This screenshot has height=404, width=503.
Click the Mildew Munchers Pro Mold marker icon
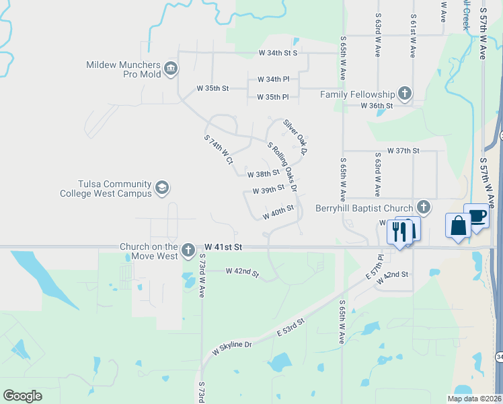tap(170, 69)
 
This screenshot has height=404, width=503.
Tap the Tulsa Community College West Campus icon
tap(161, 187)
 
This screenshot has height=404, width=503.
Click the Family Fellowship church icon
tap(404, 94)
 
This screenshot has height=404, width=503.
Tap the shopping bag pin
tap(459, 225)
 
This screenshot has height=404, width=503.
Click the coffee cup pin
tap(477, 216)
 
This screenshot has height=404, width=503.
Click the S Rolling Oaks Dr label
tap(282, 165)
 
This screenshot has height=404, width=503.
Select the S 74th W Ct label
tap(218, 149)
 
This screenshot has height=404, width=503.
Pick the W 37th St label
tap(403, 151)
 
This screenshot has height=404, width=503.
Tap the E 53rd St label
tap(291, 329)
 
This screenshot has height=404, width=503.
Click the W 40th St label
tap(279, 212)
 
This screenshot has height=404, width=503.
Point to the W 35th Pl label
tap(272, 98)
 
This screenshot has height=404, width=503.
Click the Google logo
tap(23, 396)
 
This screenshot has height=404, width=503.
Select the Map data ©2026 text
tap(473, 399)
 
